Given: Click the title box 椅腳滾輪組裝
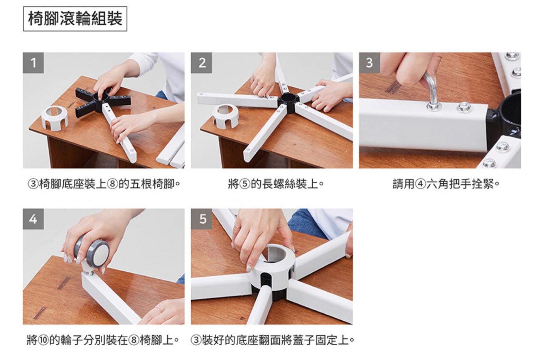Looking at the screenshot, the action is (x=75, y=19).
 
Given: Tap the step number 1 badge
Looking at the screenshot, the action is (x=33, y=63).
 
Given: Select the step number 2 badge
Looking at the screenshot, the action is (x=201, y=63).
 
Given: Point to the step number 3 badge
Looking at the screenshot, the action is (x=370, y=63).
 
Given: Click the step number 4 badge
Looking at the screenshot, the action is (x=33, y=219).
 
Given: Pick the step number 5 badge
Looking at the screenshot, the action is (x=201, y=219).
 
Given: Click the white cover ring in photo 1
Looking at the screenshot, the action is (x=54, y=118).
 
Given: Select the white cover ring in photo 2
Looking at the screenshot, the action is (x=226, y=116).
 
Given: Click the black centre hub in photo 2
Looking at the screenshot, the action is (x=289, y=103).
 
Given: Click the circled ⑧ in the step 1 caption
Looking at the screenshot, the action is (x=113, y=184).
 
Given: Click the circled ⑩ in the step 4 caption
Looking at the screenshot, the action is (x=44, y=340).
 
